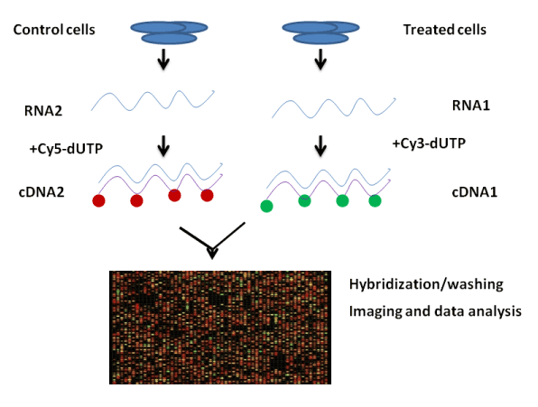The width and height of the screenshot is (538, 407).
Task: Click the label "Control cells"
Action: coord(54,30)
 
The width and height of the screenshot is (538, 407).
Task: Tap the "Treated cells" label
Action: coord(445,30)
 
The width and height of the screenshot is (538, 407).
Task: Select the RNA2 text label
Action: coord(43,111)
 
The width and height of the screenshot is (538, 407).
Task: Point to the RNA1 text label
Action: coord(471,106)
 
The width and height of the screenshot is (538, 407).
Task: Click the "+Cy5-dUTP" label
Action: coord(66,149)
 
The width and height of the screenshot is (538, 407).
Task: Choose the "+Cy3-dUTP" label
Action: coord(429,143)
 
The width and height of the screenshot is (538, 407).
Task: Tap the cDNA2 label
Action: coord(42,192)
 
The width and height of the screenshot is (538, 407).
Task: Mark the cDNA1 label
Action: coord(475,192)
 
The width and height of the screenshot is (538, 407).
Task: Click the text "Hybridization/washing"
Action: coord(426,284)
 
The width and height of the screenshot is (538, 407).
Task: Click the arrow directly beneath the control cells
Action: coord(163,60)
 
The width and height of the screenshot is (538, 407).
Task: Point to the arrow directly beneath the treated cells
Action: coord(320,60)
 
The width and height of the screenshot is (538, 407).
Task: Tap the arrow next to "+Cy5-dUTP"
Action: coord(163,146)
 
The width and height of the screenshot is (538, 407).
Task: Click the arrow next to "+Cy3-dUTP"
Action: coord(320,146)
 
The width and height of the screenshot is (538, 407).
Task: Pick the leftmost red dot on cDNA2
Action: coord(98,200)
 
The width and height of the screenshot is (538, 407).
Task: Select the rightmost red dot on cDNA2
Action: coord(207,195)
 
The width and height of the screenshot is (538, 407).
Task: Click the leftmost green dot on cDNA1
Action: coord(266,206)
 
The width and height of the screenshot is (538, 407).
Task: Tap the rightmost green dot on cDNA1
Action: coord(375,200)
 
